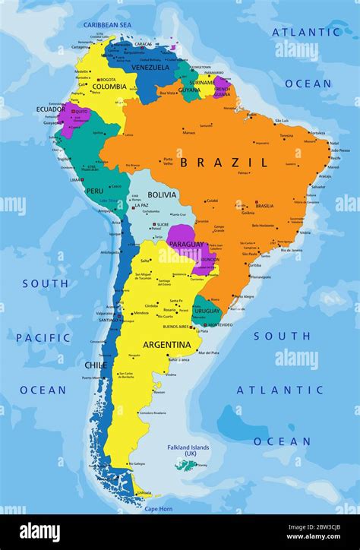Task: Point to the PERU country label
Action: click(x=94, y=191)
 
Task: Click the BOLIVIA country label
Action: click(x=162, y=194)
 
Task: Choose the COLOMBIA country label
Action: click(x=109, y=87)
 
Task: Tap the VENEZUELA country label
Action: click(x=150, y=68)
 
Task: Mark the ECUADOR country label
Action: click(x=50, y=109)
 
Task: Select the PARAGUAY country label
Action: click(x=186, y=244)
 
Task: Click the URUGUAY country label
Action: click(x=207, y=311)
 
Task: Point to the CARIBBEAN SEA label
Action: click(x=107, y=25)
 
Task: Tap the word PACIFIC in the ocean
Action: click(x=43, y=337)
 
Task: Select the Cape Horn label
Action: click(x=159, y=508)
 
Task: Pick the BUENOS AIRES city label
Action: click(x=176, y=326)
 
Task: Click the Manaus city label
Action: click(x=189, y=132)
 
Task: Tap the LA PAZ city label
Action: click(x=142, y=204)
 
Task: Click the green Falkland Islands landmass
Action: click(x=185, y=464)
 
